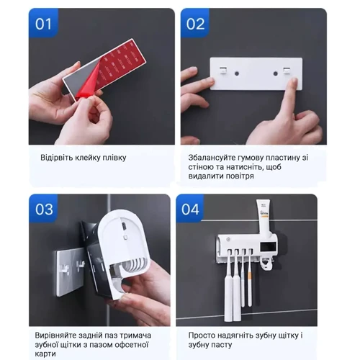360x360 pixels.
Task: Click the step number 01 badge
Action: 43,23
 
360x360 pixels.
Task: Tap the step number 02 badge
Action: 195,23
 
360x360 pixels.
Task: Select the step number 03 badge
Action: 44,209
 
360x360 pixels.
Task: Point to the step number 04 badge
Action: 190,209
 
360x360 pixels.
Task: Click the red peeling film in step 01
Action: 88,81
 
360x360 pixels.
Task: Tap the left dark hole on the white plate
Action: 237,73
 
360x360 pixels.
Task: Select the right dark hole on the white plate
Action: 276,73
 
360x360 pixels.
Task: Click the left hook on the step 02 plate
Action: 222,70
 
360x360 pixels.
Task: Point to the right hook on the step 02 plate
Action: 287,70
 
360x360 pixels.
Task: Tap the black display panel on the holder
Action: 268,246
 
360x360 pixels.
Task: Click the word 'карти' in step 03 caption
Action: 45,354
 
